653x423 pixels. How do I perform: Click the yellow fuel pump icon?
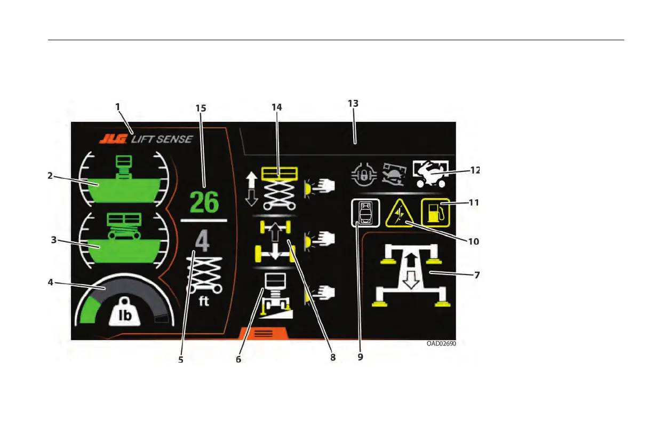click(435, 213)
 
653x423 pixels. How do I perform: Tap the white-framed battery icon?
click(365, 213)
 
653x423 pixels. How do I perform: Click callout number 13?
click(353, 104)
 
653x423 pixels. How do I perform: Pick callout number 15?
click(201, 107)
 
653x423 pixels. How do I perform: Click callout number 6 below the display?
click(238, 359)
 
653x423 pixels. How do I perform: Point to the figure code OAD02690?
click(441, 343)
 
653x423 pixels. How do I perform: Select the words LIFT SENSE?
click(162, 140)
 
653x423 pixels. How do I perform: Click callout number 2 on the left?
click(49, 176)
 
